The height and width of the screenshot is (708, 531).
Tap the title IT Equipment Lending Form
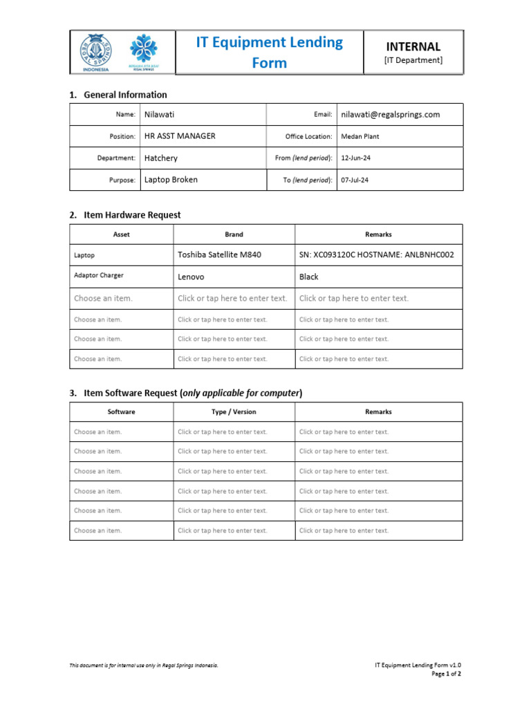point(269,53)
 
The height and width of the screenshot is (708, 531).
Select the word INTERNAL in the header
point(413,47)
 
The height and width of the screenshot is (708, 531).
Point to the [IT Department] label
point(413,61)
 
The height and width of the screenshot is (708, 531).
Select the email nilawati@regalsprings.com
point(390,115)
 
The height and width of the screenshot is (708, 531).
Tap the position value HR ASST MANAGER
point(180,136)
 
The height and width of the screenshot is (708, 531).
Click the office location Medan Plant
point(360,137)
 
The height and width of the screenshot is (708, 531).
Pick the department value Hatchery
point(160,158)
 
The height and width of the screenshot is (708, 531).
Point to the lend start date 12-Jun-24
point(356,158)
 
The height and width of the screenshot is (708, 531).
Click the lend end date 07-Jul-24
point(355,180)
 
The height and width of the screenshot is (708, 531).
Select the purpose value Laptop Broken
point(171,180)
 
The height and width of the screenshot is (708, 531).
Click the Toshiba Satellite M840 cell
point(219,255)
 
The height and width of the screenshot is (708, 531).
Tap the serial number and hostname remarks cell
point(376,255)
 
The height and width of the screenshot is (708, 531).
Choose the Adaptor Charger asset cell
point(99,275)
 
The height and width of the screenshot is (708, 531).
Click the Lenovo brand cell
point(191,277)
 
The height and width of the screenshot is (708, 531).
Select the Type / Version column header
point(234,412)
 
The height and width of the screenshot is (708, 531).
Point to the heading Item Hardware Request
point(132,215)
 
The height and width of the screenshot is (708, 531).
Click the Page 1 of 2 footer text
point(447,673)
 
